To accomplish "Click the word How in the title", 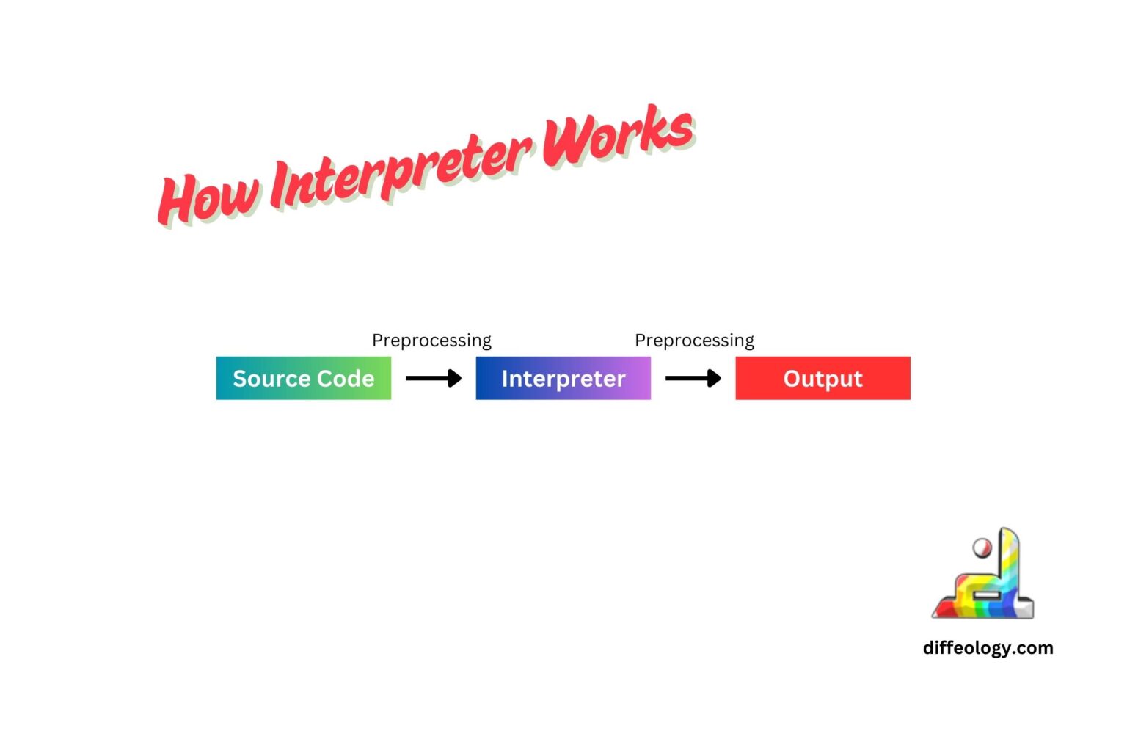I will [x=208, y=197].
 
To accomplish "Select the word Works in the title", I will [x=618, y=136].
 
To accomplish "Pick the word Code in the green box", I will [x=346, y=379].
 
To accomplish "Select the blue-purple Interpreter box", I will [x=563, y=378].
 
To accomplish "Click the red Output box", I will [x=823, y=378].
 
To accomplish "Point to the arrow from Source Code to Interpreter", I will [x=433, y=378].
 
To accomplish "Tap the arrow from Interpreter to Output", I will [x=693, y=378].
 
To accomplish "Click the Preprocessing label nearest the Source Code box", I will [x=431, y=341].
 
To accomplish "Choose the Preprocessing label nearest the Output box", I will [x=694, y=341].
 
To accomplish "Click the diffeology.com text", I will [x=988, y=648].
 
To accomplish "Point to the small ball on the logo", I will [x=981, y=548].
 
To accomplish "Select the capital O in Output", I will [x=793, y=379].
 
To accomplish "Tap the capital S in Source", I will [x=240, y=379].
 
